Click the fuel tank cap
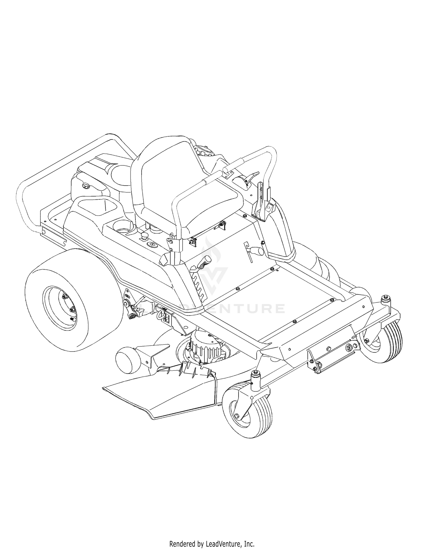[85, 186]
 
